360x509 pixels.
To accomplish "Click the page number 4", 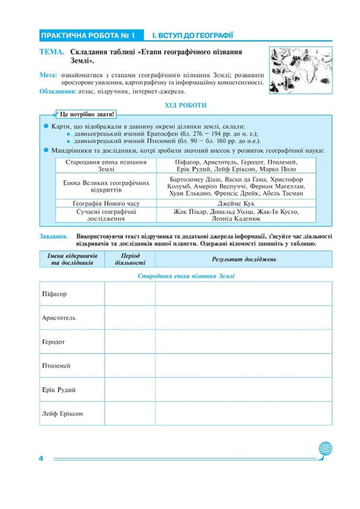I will pyautogui.click(x=41, y=459).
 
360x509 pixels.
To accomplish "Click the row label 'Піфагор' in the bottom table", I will pyautogui.click(x=54, y=294).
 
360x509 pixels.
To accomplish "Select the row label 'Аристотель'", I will pyautogui.click(x=58, y=318).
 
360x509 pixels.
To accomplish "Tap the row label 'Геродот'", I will pyautogui.click(x=53, y=342).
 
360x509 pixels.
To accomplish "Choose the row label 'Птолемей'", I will pyautogui.click(x=56, y=365).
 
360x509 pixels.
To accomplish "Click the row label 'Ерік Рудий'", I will pyautogui.click(x=58, y=390).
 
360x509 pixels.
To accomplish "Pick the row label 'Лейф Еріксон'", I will pyautogui.click(x=62, y=413).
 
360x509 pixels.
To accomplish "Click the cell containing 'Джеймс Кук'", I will pyautogui.click(x=235, y=202).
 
